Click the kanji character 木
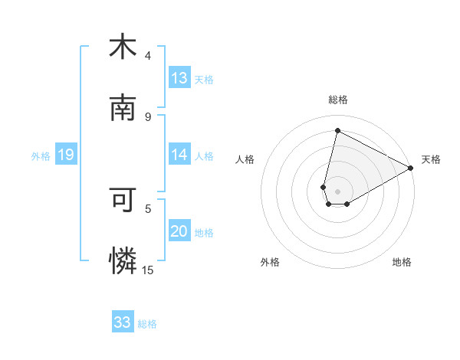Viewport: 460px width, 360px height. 123,47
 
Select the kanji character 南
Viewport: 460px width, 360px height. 123,109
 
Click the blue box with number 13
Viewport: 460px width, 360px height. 179,78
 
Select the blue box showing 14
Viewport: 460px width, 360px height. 179,155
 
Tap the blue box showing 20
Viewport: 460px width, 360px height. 179,231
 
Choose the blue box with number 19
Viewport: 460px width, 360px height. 66,155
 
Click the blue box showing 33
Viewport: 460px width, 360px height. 123,322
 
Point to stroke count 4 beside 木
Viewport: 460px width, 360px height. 148,55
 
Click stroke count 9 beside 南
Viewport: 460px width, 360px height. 148,116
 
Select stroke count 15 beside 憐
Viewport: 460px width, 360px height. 148,270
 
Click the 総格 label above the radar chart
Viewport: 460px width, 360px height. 338,100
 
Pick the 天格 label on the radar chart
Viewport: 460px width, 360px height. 431,159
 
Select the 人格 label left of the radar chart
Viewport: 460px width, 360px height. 245,159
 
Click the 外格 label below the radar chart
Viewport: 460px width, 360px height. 270,262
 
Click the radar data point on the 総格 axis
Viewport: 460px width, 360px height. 337,131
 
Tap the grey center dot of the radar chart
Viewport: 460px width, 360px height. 337,191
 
